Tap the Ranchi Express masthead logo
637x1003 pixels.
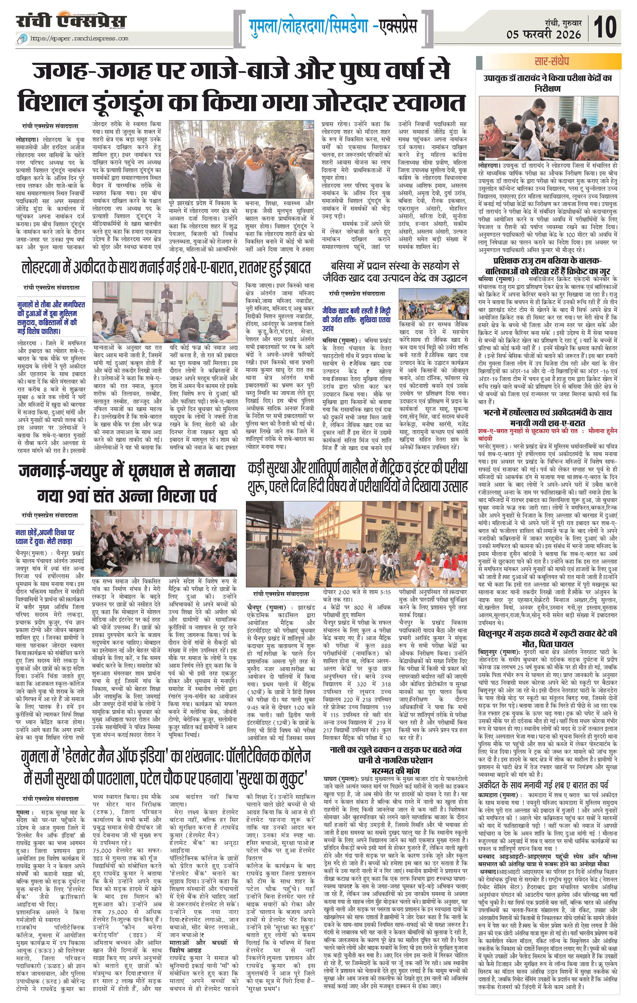pos(71,21)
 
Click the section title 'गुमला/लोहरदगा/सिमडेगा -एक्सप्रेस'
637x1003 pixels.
pos(333,26)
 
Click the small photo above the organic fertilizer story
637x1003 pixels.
pos(433,304)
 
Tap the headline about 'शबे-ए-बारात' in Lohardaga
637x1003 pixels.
pos(166,268)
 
